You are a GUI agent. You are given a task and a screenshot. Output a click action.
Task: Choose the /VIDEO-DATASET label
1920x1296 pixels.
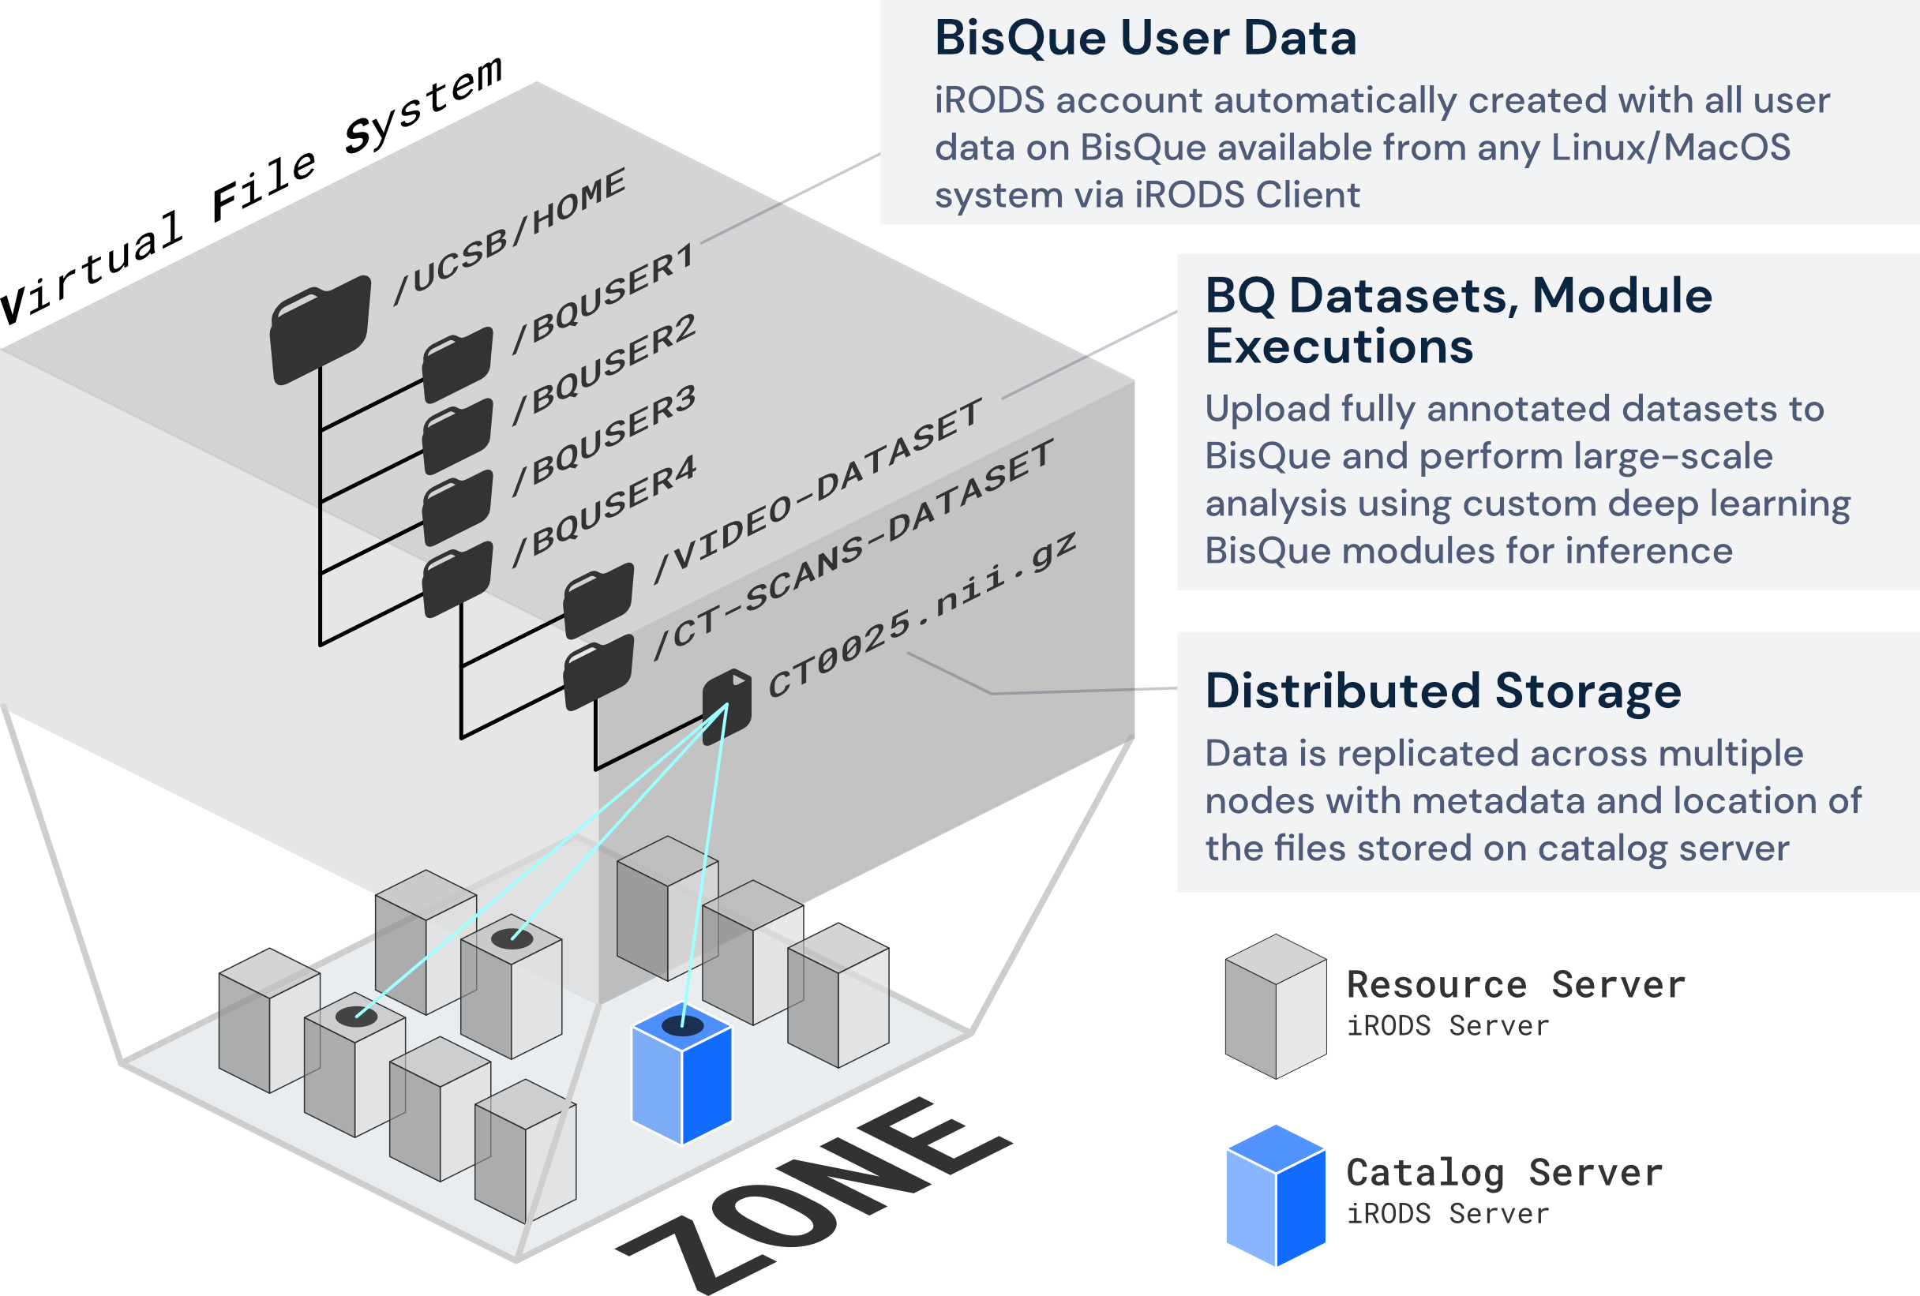(x=818, y=491)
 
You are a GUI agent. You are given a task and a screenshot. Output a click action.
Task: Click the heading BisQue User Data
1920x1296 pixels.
(x=1145, y=38)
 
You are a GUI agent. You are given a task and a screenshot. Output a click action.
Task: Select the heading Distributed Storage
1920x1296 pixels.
(x=1442, y=691)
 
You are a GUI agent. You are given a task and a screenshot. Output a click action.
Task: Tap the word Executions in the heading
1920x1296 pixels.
(x=1338, y=345)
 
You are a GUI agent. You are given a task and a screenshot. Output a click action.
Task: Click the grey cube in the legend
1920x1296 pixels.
(x=1276, y=1006)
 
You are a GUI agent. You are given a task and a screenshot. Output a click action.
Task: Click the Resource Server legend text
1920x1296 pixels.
(x=1515, y=984)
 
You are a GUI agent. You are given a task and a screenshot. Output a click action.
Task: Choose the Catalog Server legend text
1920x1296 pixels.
(x=1504, y=1173)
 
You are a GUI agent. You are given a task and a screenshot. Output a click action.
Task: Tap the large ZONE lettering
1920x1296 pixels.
(x=814, y=1197)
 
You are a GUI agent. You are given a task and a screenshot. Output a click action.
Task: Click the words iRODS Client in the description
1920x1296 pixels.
(x=1247, y=195)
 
